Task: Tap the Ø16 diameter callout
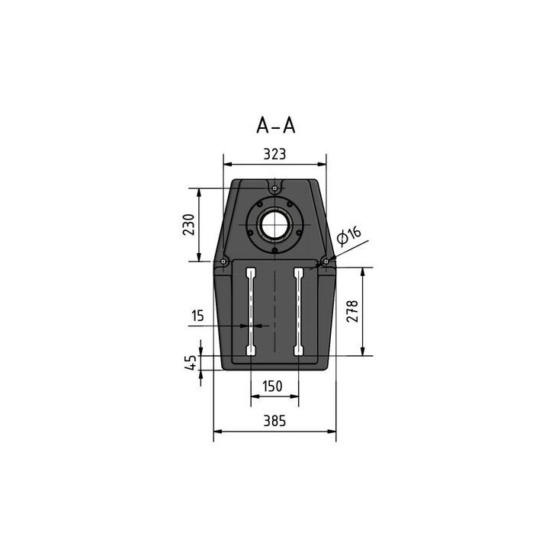pyautogui.click(x=348, y=235)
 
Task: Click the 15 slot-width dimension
pyautogui.click(x=198, y=314)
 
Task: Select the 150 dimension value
pyautogui.click(x=274, y=386)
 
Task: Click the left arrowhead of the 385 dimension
pyautogui.click(x=217, y=431)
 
